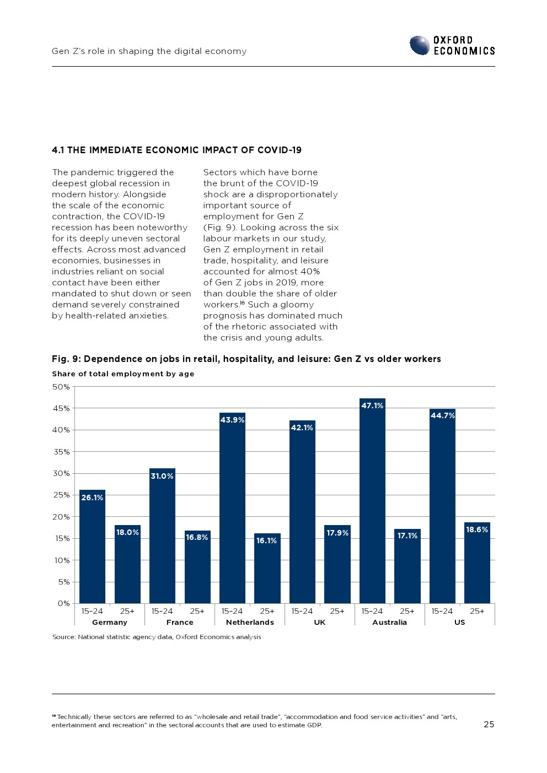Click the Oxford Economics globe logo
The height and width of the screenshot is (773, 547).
[420, 45]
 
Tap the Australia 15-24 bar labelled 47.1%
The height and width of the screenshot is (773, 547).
[372, 501]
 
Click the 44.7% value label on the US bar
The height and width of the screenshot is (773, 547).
[442, 415]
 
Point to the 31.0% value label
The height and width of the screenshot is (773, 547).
[162, 476]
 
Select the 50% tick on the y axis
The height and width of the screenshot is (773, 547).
[61, 387]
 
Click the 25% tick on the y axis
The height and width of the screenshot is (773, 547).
[61, 495]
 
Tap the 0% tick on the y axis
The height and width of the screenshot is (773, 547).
[63, 603]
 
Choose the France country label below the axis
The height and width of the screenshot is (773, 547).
[180, 623]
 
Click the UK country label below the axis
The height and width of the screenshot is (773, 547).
[320, 623]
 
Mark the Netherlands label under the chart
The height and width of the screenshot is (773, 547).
[250, 623]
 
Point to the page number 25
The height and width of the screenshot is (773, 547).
[489, 725]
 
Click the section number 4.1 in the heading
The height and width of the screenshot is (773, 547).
[58, 150]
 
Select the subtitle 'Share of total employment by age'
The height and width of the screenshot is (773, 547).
[123, 374]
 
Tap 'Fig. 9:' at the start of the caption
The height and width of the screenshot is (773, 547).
[66, 359]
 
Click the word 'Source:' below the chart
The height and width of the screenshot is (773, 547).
[64, 637]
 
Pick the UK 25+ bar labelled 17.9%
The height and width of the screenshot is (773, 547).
[337, 564]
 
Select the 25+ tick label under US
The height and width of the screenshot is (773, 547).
[477, 611]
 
